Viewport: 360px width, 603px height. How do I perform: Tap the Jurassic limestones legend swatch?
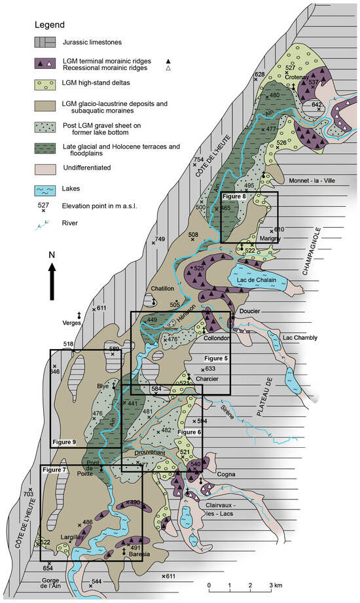[45, 43]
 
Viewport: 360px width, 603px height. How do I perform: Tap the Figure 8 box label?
[234, 196]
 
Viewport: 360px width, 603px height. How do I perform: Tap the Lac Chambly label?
[298, 338]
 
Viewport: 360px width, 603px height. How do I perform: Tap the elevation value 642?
[317, 105]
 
